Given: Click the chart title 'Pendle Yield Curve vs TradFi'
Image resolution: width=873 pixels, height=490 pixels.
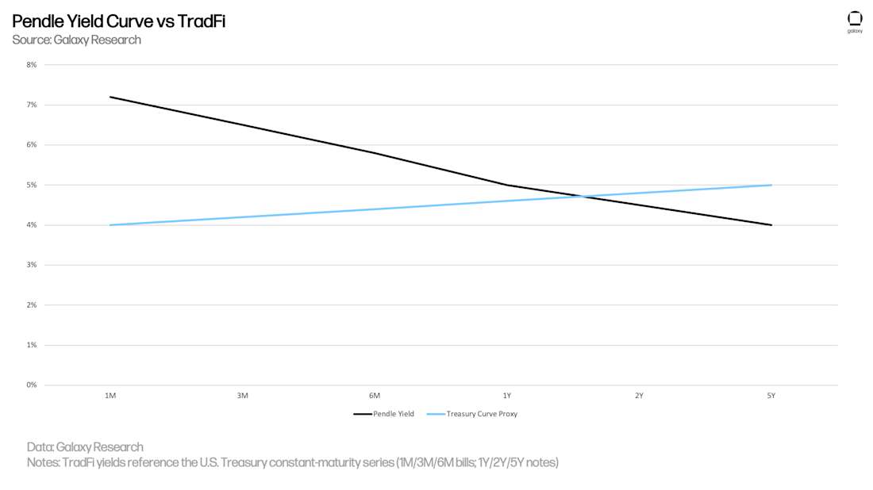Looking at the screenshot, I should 118,21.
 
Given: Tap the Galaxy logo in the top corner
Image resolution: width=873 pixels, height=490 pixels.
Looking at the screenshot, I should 855,21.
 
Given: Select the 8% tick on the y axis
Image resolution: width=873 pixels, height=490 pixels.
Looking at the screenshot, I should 32,64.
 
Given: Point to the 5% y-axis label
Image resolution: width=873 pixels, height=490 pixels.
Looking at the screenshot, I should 32,185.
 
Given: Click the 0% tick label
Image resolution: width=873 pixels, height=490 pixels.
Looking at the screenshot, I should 32,385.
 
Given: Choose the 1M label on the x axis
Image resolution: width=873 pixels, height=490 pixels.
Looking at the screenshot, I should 110,395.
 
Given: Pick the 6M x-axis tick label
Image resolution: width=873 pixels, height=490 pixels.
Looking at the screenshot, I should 375,395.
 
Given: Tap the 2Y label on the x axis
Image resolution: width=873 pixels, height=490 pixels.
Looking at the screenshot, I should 639,395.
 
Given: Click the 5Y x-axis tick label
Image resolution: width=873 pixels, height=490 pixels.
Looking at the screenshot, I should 771,395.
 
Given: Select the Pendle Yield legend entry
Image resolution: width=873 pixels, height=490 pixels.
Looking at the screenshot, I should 384,414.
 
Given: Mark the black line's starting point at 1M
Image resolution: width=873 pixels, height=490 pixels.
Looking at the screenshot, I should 110,97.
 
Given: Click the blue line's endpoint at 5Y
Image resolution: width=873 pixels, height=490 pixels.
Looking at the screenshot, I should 771,185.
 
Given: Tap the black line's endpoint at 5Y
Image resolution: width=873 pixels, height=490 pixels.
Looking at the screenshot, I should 771,225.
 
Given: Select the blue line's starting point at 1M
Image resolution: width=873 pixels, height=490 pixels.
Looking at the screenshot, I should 110,225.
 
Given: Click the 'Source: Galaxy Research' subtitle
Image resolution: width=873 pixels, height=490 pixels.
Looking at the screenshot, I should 76,40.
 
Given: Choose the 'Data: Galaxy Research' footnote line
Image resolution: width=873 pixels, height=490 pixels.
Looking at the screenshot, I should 85,447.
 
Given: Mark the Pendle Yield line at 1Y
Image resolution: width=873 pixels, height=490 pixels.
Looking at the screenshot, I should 506,185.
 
